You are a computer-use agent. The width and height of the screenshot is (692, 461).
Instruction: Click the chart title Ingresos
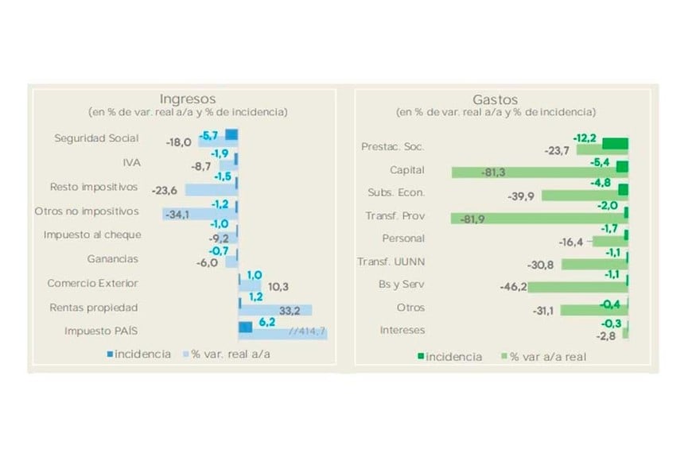(188, 99)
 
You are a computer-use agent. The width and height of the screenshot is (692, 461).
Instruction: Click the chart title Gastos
(495, 99)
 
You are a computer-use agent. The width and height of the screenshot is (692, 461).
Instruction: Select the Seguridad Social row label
(96, 138)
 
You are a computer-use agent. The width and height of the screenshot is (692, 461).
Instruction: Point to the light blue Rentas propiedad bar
(276, 310)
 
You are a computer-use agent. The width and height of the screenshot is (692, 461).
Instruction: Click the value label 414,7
(309, 331)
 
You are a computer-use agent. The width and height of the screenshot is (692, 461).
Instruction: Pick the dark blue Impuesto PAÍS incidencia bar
(246, 327)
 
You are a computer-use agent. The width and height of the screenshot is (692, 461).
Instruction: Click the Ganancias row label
(112, 258)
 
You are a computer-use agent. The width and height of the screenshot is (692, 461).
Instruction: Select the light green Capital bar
(533, 172)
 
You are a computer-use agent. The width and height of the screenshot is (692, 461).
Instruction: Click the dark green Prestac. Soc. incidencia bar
(615, 143)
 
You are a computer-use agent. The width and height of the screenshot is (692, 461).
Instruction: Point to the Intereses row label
(402, 330)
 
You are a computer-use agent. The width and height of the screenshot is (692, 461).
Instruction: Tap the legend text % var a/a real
(549, 357)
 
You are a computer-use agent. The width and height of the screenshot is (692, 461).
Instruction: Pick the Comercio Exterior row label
(92, 283)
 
